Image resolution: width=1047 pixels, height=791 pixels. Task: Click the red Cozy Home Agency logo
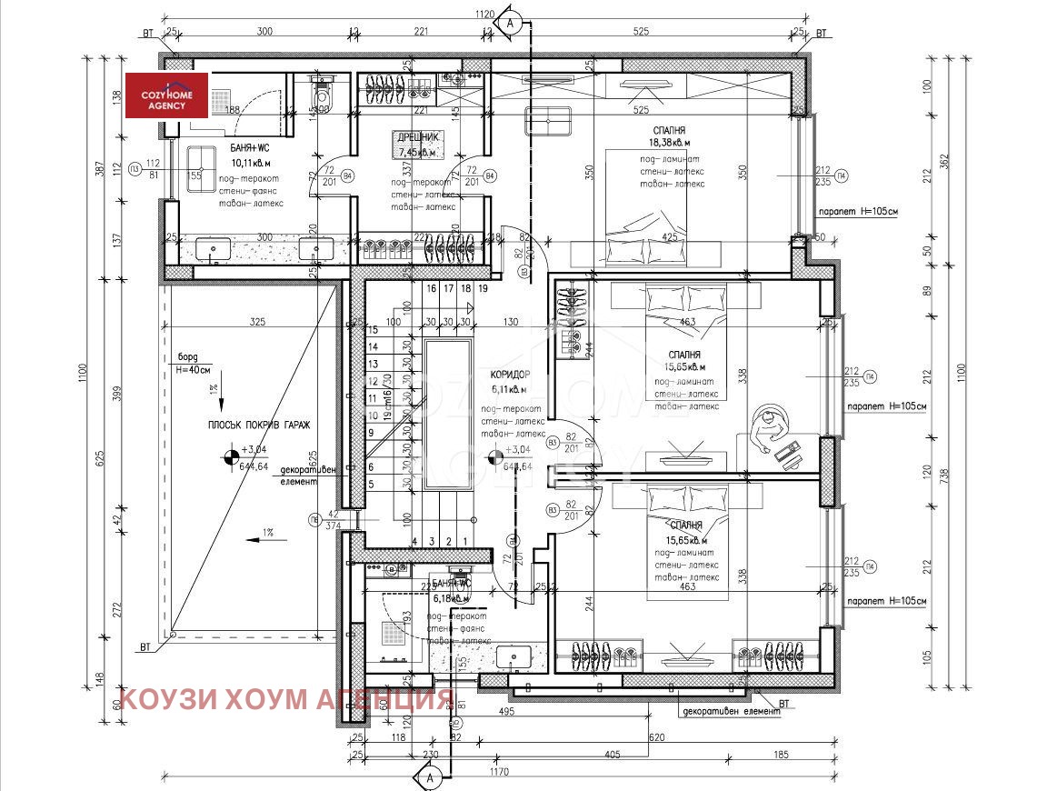tap(167, 95)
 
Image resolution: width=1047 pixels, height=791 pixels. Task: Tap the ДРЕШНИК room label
tap(417, 137)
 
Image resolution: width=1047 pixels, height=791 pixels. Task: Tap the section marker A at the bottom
tap(431, 777)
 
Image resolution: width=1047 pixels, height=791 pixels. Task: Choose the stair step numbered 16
tap(431, 288)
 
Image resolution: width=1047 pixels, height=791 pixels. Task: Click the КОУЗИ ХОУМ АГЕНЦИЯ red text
tap(286, 699)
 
